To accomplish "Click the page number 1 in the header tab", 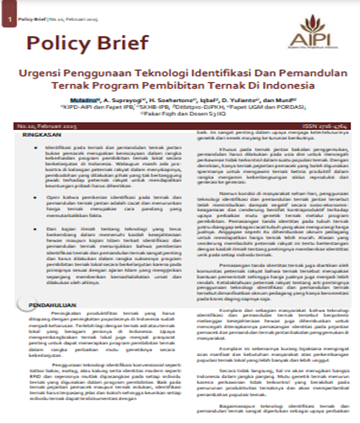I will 9,20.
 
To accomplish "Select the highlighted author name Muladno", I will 80,100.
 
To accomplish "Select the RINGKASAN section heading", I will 38,135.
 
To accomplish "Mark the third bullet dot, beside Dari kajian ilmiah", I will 37,227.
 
